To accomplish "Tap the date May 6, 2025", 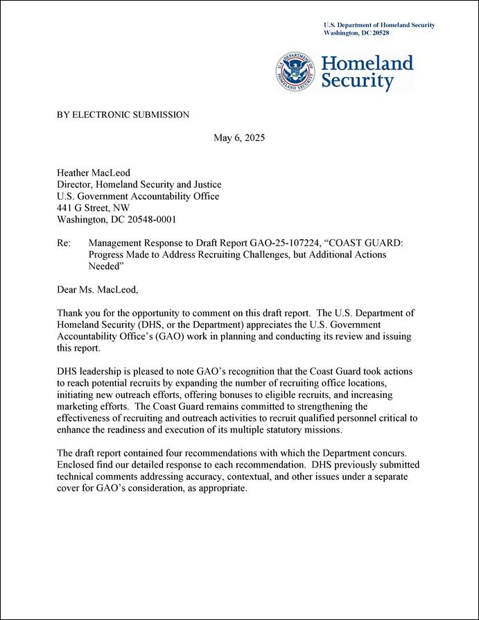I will point(239,137).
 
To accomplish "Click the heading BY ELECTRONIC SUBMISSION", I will point(123,114).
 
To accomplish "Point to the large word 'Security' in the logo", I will point(358,83).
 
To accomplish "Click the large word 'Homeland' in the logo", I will point(367,64).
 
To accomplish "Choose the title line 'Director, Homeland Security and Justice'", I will point(139,184).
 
